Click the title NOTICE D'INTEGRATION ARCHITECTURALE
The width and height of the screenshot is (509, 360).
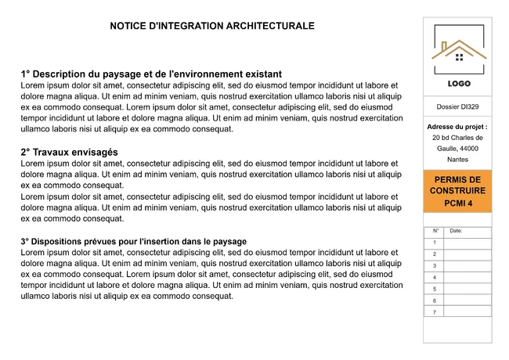pos(212,26)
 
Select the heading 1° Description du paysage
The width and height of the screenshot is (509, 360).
pos(151,74)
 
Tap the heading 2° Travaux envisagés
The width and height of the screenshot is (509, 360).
pos(70,152)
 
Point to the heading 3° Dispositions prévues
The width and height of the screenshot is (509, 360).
pos(134,242)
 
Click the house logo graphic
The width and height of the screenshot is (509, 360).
pos(458,49)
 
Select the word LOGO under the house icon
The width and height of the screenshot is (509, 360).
pos(458,84)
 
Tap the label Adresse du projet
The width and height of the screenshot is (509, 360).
pos(457,126)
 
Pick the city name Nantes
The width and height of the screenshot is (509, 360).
pos(457,159)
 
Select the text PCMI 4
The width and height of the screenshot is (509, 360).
pos(457,203)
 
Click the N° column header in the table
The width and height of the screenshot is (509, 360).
pos(435,232)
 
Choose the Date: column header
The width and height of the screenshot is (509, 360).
pos(457,232)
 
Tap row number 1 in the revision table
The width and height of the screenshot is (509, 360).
pos(435,243)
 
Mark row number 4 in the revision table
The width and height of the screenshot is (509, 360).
pos(435,278)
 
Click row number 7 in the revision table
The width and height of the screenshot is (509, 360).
pos(435,312)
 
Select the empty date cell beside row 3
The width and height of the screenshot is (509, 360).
pos(467,266)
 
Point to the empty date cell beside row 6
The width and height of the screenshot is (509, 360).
pos(467,301)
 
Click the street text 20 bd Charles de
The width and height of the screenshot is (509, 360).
pos(457,137)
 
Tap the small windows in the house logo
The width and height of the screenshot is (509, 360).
pos(459,56)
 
